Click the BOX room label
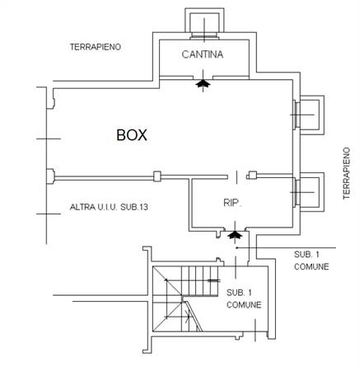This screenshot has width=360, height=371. pyautogui.click(x=132, y=135)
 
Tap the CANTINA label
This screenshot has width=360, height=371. pyautogui.click(x=203, y=54)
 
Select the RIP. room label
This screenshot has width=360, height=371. pyautogui.click(x=232, y=203)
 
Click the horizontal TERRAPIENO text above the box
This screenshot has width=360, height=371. pyautogui.click(x=96, y=47)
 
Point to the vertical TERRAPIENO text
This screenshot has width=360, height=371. pyautogui.click(x=347, y=173)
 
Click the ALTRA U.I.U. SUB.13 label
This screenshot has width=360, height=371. pyautogui.click(x=109, y=207)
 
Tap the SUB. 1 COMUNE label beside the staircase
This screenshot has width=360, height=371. pyautogui.click(x=244, y=298)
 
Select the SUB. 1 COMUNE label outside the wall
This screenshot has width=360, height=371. pyautogui.click(x=311, y=261)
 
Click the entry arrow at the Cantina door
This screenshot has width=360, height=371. pyautogui.click(x=203, y=83)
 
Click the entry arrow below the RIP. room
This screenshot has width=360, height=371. pyautogui.click(x=234, y=234)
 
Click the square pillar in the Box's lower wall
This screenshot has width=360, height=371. pyautogui.click(x=157, y=176)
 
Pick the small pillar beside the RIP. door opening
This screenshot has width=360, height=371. pyautogui.click(x=252, y=175)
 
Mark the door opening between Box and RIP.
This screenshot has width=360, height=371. pyautogui.click(x=237, y=176)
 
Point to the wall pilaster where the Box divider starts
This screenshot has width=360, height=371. pyautogui.click(x=50, y=176)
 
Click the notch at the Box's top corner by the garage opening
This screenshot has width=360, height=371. pyautogui.click(x=50, y=98)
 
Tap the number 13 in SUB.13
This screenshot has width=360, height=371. pyautogui.click(x=143, y=207)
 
